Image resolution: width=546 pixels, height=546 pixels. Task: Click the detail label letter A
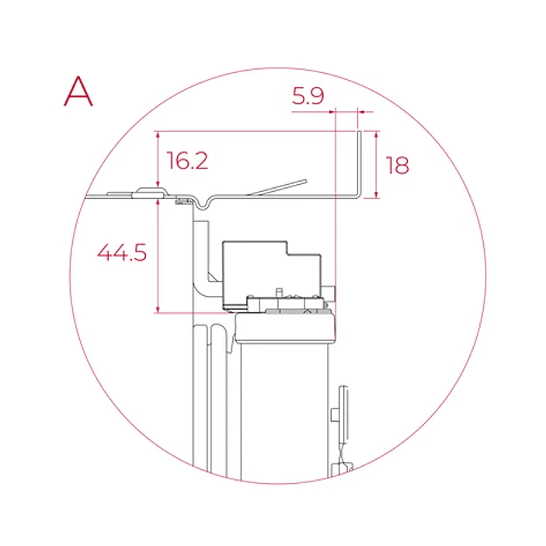pyautogui.click(x=78, y=91)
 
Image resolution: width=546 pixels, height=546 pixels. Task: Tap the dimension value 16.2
pyautogui.click(x=187, y=161)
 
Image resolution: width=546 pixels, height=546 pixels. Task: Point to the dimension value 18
pyautogui.click(x=397, y=165)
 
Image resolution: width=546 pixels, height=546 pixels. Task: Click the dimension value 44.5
pyautogui.click(x=121, y=252)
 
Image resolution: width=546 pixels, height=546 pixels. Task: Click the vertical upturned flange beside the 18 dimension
pyautogui.click(x=360, y=163)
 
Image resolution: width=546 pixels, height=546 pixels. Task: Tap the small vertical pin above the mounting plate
pyautogui.click(x=277, y=292)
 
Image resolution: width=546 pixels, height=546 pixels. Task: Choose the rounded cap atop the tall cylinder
pyautogui.click(x=286, y=329)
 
